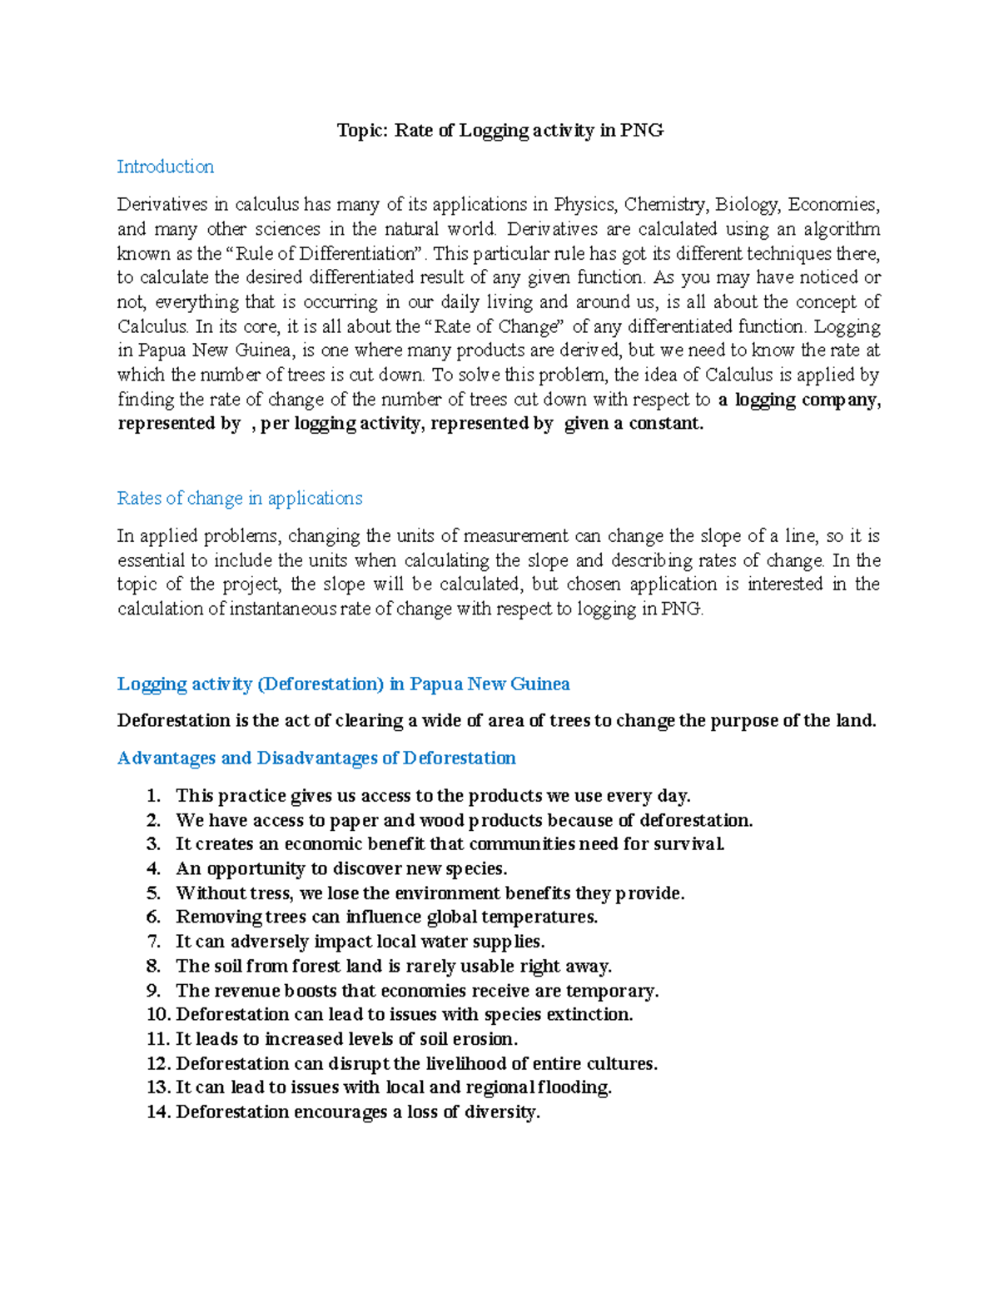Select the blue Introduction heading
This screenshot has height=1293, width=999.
point(165,167)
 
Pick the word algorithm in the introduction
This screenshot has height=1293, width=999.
point(842,229)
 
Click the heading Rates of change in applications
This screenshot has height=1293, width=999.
point(240,499)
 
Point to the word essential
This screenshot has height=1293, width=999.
point(154,560)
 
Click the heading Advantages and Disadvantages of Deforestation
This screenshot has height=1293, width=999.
point(316,758)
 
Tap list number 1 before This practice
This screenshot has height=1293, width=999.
point(153,796)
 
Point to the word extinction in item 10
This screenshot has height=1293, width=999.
point(592,1015)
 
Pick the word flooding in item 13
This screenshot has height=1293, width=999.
point(575,1087)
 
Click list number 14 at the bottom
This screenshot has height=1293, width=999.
point(157,1112)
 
